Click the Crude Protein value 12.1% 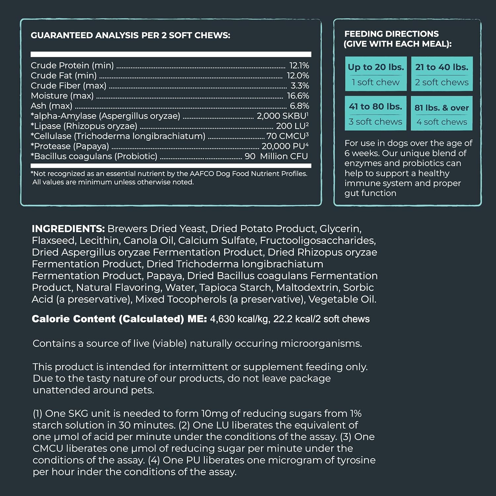point(299,65)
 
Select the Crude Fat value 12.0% point(298,76)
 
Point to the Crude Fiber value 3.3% point(300,86)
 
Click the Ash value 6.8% point(299,106)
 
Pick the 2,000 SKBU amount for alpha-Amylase point(282,116)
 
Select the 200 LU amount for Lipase point(292,126)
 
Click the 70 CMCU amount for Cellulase point(287,136)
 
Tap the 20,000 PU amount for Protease point(285,146)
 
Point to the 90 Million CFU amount point(276,156)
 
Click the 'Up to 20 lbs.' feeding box point(376,74)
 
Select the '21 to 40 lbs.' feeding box point(442,74)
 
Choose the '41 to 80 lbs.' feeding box point(375,113)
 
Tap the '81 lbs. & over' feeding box point(442,113)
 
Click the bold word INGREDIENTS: point(68,229)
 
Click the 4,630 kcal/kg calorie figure point(239,319)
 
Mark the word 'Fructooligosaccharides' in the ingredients point(318,240)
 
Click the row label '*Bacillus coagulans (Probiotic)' point(94,156)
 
